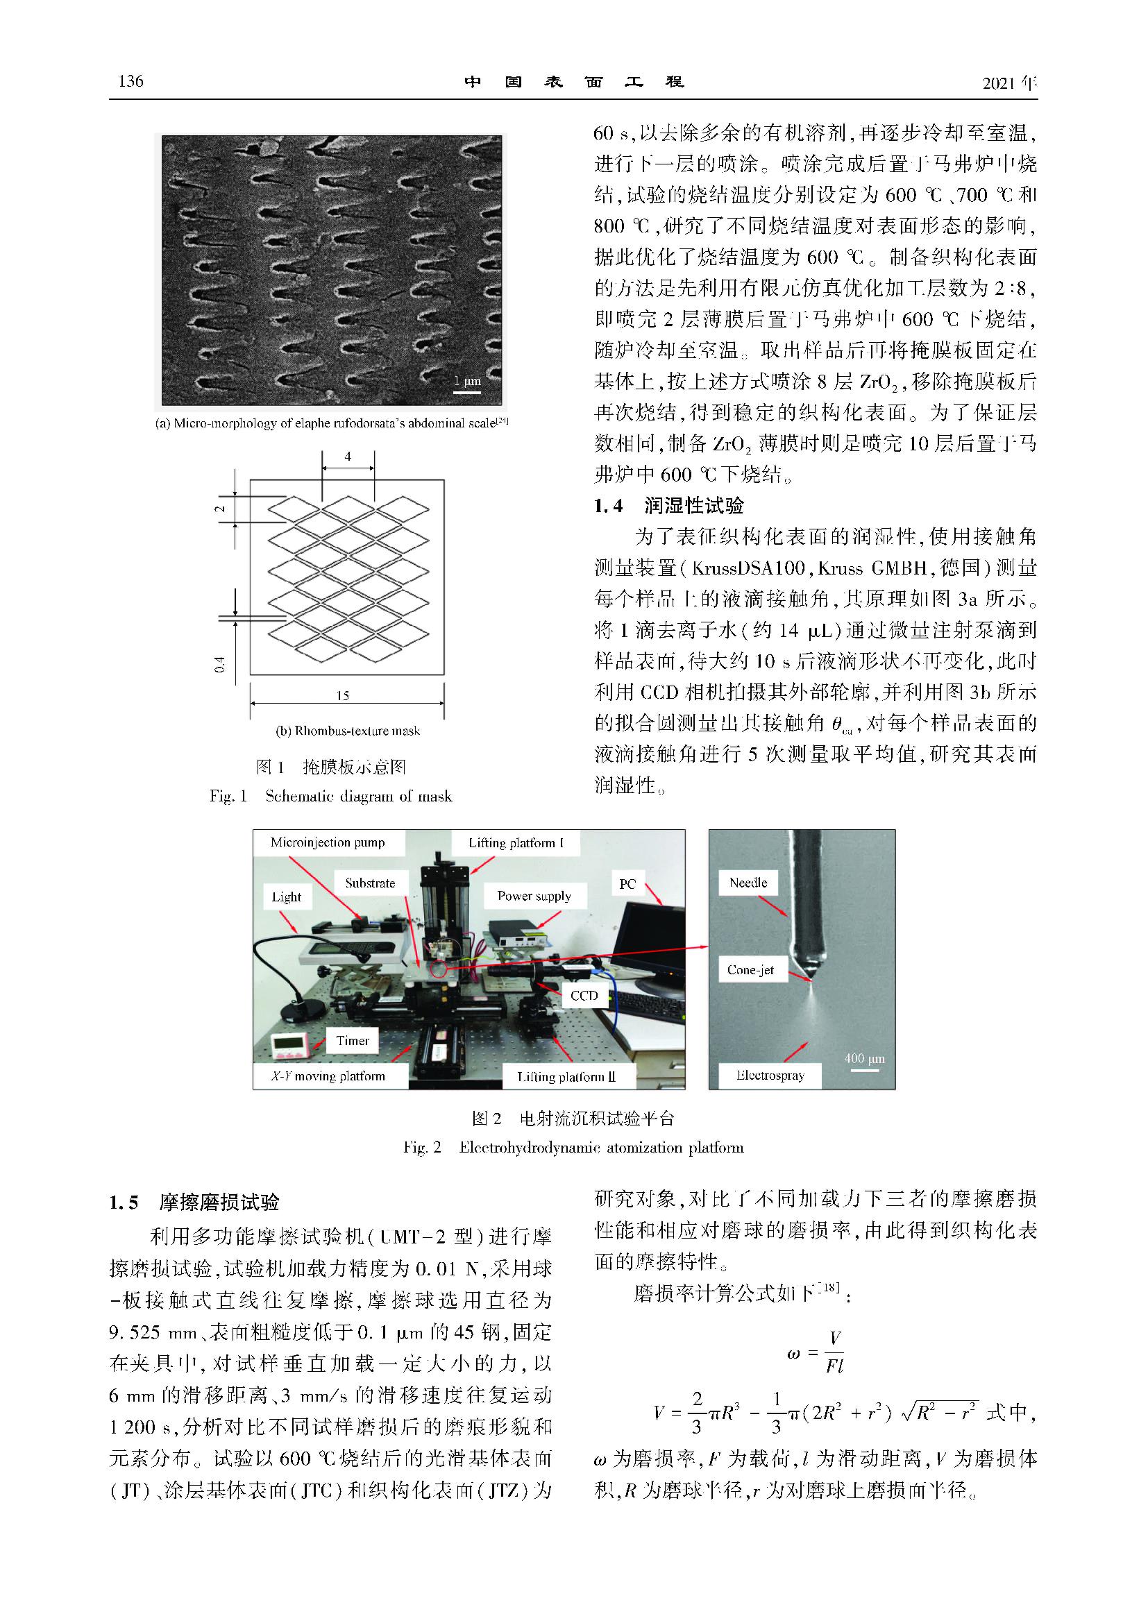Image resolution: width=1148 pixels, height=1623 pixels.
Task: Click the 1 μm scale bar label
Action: (x=467, y=380)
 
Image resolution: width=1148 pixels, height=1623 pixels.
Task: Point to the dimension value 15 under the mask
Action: (x=343, y=695)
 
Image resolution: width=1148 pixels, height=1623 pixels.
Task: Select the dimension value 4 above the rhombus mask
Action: (x=348, y=457)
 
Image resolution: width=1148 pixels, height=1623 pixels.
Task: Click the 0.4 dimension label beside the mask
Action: (x=220, y=665)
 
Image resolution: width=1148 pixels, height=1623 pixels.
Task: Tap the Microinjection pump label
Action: (x=328, y=842)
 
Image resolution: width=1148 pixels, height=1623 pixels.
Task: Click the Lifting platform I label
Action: (x=516, y=842)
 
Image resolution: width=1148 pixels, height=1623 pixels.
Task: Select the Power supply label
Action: (x=534, y=896)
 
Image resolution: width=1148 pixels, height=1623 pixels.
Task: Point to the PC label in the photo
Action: (x=627, y=883)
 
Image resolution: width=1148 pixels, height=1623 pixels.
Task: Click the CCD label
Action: (x=584, y=995)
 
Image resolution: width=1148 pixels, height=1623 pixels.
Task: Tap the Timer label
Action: (x=353, y=1041)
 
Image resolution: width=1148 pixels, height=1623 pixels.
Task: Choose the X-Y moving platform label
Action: (x=328, y=1076)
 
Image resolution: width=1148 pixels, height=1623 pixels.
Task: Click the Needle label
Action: (x=748, y=882)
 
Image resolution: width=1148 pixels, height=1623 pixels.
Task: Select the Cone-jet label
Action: (x=750, y=970)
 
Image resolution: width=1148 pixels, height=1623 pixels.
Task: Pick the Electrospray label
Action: (x=770, y=1075)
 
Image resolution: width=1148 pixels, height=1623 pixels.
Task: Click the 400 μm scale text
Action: (x=864, y=1059)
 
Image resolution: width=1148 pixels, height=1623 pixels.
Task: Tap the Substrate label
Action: (x=370, y=883)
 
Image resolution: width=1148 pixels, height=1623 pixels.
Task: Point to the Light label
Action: (x=286, y=897)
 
